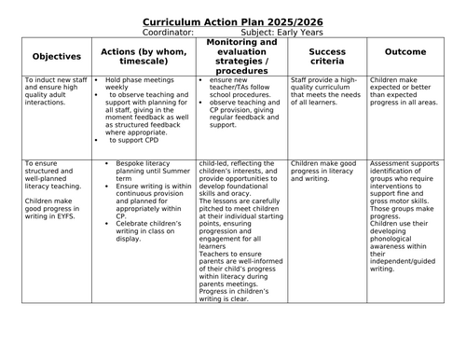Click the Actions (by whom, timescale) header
[x=145, y=55]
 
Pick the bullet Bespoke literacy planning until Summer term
[x=150, y=173]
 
